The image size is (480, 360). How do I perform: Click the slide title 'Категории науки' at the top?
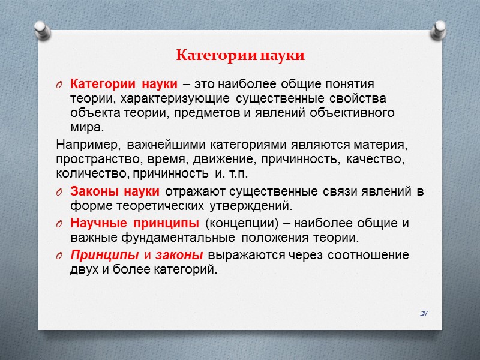(241, 56)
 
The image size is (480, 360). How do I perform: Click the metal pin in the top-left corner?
(41, 29)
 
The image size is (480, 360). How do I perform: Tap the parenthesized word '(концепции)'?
(237, 224)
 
